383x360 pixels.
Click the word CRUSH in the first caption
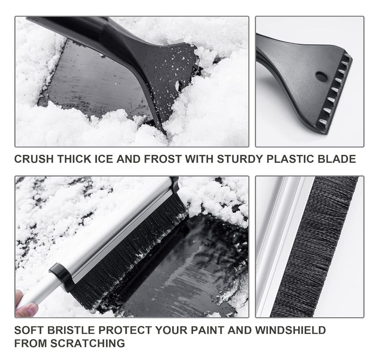tap(34, 159)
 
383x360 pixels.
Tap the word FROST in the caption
tap(163, 159)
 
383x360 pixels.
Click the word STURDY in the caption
tap(240, 159)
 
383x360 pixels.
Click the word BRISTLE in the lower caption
tap(71, 330)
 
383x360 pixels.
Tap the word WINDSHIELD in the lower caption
tap(290, 330)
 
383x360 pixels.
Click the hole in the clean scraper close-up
tap(321, 77)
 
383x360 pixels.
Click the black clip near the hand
tap(61, 276)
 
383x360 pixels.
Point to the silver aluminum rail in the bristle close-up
tap(283, 247)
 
